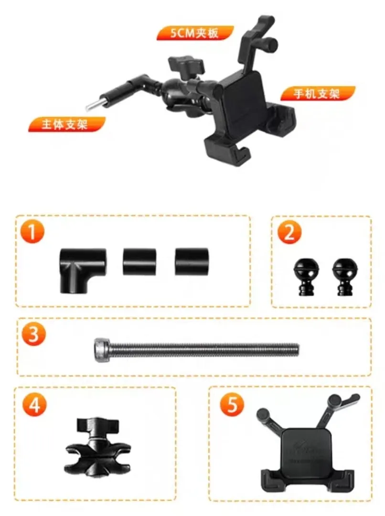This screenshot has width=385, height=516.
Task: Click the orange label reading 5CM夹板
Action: click(x=195, y=33)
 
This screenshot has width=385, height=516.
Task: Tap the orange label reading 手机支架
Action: click(x=317, y=94)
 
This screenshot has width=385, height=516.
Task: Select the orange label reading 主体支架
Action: click(x=67, y=124)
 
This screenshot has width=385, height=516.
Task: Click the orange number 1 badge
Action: click(x=32, y=232)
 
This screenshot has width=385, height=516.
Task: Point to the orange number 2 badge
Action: click(x=289, y=232)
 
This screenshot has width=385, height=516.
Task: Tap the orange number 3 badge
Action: click(x=33, y=334)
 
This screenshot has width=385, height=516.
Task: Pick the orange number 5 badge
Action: click(x=232, y=404)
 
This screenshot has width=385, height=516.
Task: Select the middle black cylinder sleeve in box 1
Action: click(x=139, y=262)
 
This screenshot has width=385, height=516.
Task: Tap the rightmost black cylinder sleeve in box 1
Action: click(x=192, y=262)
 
